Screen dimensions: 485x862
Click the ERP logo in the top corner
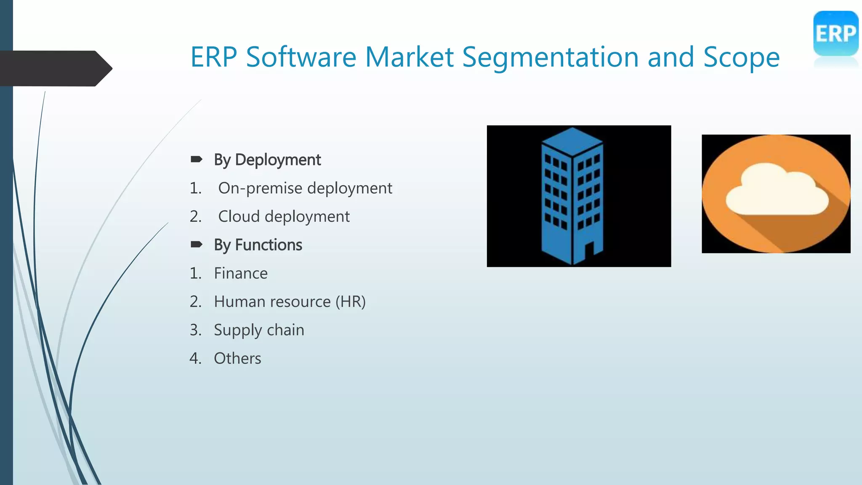pos(835,34)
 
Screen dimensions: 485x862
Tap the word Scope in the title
pos(741,57)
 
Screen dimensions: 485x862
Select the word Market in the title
pos(409,57)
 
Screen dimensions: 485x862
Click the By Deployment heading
pos(267,160)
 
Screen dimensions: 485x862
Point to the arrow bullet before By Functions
pos(197,244)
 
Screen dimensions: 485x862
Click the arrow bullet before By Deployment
pos(197,159)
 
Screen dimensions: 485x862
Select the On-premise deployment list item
pos(305,188)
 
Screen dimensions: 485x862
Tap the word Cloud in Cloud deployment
pos(239,216)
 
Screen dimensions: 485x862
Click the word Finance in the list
pos(241,274)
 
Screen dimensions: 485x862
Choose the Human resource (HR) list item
pos(290,302)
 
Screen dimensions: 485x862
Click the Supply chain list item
pos(259,330)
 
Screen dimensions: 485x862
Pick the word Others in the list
pos(237,358)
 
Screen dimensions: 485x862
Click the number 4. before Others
pos(196,358)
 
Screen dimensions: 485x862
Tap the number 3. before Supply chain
pos(196,330)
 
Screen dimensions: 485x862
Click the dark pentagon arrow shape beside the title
pos(55,68)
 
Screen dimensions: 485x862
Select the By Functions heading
pos(258,245)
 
